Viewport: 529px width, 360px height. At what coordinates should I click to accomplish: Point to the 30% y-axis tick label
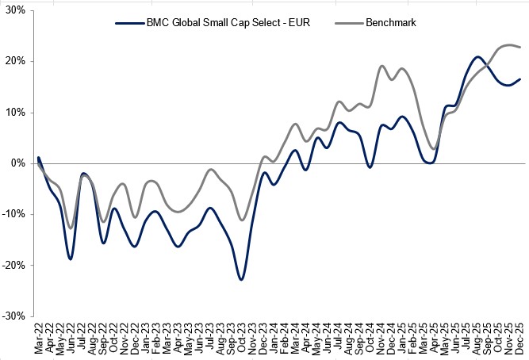point(16,10)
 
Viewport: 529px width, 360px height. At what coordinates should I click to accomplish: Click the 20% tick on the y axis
point(16,61)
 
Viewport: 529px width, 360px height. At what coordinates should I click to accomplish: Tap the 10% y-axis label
point(16,112)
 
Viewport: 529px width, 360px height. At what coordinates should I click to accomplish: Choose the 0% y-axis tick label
point(18,163)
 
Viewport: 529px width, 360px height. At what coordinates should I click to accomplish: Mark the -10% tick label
point(14,214)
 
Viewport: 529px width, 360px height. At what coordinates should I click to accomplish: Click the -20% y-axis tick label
point(14,265)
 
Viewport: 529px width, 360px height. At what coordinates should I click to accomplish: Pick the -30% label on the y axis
point(14,316)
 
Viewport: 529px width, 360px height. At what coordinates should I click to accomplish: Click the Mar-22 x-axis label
point(38,337)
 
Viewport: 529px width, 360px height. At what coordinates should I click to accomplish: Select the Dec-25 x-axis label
point(520,337)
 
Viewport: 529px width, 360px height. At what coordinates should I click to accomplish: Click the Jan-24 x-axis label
point(274,337)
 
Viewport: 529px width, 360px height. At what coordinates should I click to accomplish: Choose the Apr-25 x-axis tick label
point(435,337)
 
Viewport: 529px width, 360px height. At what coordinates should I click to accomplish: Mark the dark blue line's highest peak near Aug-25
point(477,57)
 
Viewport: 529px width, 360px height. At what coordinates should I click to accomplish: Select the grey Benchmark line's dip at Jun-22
point(71,228)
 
